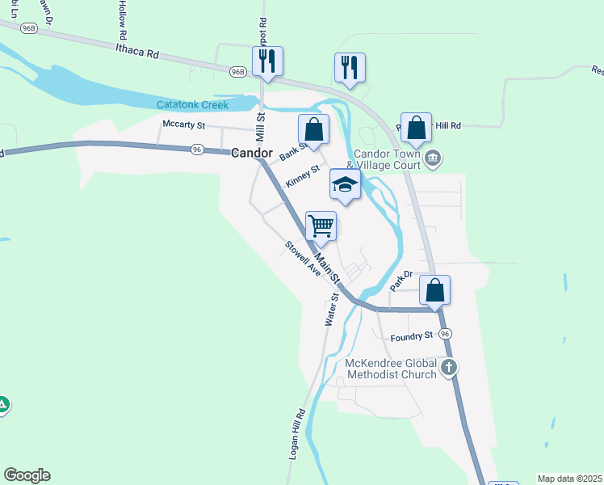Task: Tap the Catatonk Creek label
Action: pos(193,105)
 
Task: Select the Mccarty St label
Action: pos(184,124)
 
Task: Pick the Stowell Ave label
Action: pos(303,259)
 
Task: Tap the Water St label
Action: pos(331,310)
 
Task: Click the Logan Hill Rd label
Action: pos(296,435)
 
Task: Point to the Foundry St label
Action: pos(411,337)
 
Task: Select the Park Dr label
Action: pos(401,280)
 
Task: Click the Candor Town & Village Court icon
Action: pos(434,157)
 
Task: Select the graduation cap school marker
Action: pos(345,185)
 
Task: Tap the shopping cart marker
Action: pos(321,225)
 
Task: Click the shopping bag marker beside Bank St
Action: pos(313,129)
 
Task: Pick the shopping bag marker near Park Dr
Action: pos(434,290)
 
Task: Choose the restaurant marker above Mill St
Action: pos(266,61)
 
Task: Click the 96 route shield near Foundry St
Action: pos(445,334)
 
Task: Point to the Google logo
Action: pos(27,475)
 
